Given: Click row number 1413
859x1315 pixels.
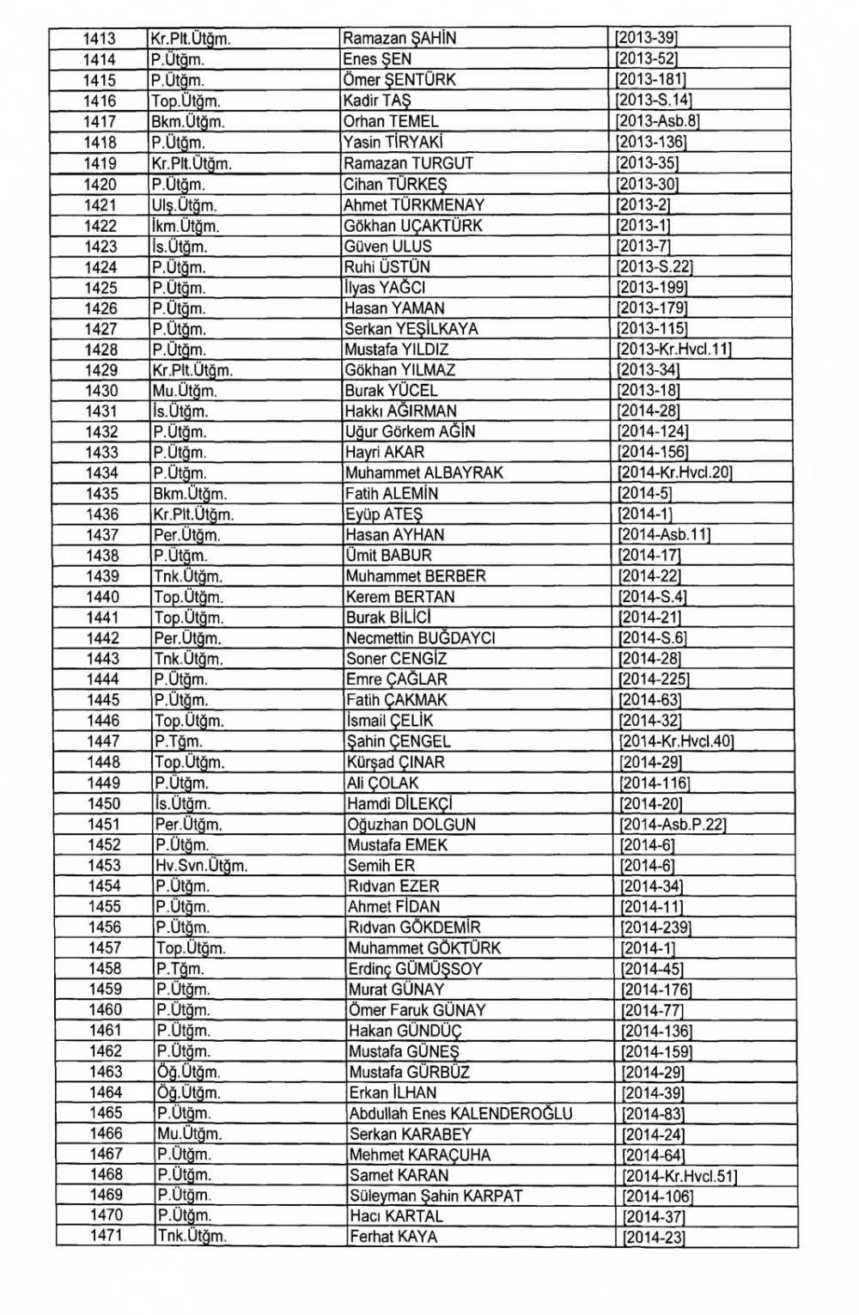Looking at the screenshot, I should [99, 39].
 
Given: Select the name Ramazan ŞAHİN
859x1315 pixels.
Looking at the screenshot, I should [399, 39].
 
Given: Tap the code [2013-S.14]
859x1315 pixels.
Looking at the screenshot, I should [654, 100].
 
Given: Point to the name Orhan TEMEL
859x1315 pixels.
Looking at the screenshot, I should [391, 121].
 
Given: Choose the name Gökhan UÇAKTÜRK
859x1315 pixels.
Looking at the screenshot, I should [413, 226].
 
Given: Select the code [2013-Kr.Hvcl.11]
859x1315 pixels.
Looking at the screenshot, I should [674, 350].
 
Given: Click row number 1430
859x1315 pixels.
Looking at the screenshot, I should [101, 391].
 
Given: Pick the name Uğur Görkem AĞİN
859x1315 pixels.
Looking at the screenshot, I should [410, 432].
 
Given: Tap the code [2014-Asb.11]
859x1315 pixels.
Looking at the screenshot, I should [664, 535].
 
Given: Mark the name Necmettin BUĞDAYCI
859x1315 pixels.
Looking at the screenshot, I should [420, 638].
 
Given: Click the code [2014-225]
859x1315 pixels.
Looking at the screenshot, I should [655, 679].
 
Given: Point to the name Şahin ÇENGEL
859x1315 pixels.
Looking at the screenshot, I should [399, 741].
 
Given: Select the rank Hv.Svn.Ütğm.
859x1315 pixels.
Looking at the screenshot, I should [201, 866].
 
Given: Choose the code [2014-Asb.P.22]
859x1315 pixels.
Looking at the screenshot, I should [673, 825].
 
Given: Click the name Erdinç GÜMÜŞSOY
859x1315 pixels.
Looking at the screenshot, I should [415, 969].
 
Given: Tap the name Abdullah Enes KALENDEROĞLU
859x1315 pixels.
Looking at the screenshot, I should [460, 1113].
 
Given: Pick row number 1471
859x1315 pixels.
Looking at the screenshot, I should [106, 1236].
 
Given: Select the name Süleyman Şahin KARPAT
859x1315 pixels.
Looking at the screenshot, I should [436, 1196].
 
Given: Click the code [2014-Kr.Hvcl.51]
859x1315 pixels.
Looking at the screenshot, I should [679, 1176].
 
